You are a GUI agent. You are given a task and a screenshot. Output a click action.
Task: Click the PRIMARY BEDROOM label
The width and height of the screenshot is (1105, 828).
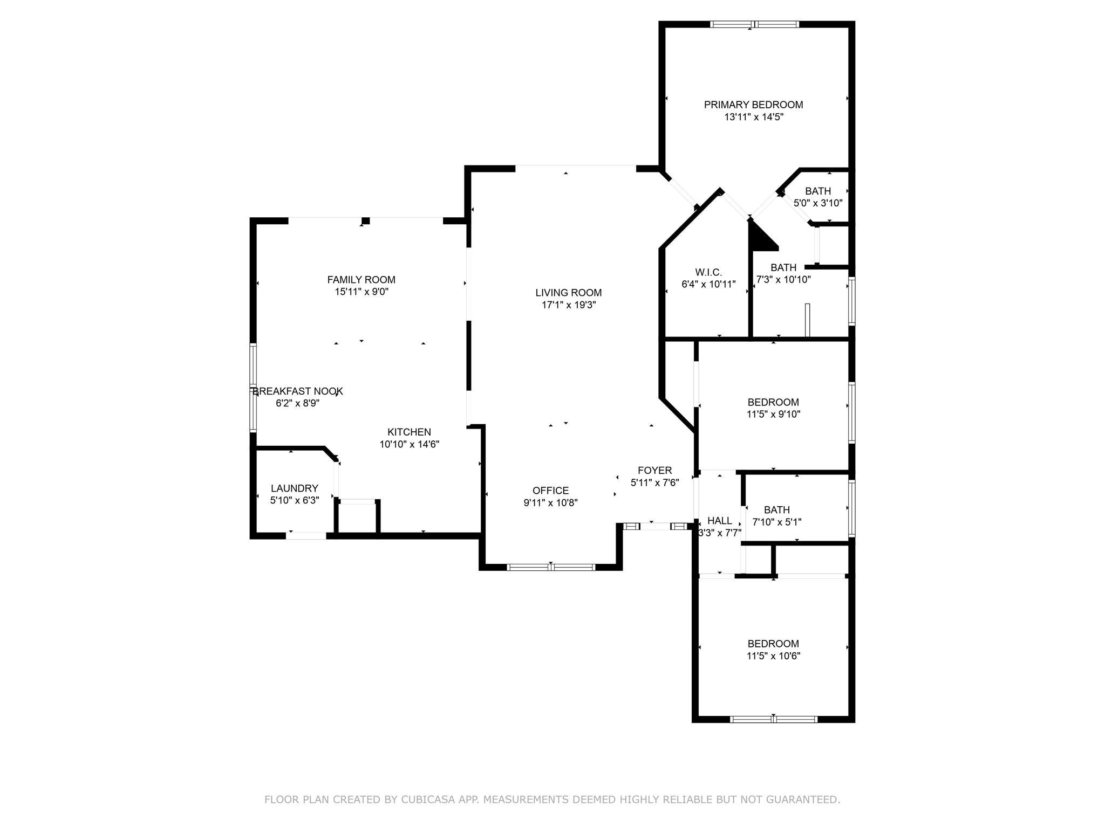click(753, 105)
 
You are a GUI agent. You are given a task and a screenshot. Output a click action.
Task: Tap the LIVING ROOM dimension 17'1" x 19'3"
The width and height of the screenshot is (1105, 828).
click(569, 305)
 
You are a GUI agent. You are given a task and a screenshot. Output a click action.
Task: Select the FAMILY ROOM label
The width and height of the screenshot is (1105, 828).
click(361, 280)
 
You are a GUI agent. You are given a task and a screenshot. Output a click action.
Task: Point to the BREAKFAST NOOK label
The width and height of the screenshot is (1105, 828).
click(298, 391)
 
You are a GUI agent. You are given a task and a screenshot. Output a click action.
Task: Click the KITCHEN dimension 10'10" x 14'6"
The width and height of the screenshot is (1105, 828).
click(410, 445)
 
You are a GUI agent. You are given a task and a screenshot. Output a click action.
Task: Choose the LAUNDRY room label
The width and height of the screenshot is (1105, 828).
click(295, 488)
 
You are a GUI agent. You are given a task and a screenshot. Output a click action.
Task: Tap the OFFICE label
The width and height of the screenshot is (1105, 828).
click(550, 491)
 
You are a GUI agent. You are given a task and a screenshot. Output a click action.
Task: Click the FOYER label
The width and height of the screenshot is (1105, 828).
click(654, 471)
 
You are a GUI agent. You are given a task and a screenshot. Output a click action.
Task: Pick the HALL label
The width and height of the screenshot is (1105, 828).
click(720, 521)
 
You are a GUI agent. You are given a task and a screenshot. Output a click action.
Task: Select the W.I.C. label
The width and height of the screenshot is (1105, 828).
click(708, 273)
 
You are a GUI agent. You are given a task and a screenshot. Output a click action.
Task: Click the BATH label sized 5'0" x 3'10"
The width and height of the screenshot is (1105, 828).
click(818, 191)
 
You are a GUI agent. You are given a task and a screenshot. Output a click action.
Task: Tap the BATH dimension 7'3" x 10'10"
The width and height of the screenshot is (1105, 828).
click(783, 280)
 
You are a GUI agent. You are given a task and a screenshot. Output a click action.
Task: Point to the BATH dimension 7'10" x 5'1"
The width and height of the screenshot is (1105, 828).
click(777, 522)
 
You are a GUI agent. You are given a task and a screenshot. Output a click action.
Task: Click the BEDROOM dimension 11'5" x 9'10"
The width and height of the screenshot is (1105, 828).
click(773, 415)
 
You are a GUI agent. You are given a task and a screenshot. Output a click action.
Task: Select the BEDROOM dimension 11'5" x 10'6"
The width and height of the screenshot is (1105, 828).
click(773, 656)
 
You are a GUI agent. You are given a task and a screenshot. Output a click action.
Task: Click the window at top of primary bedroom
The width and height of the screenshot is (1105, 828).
click(754, 24)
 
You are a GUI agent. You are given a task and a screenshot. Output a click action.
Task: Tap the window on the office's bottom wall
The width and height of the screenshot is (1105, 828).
click(551, 567)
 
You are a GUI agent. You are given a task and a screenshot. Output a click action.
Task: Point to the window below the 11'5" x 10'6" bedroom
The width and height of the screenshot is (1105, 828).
click(774, 719)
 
